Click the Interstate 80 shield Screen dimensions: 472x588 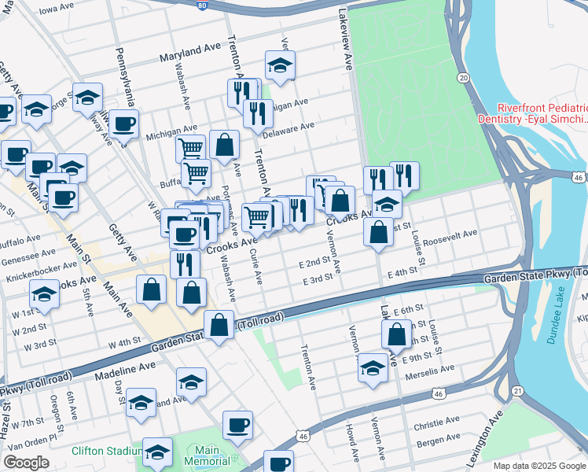click(x=202, y=6)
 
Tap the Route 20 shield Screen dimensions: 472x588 click(x=464, y=78)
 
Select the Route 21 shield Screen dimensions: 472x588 click(x=516, y=391)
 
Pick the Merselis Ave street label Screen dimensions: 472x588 click(x=429, y=368)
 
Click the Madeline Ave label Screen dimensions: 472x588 click(x=125, y=367)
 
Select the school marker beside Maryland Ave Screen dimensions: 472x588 click(x=279, y=66)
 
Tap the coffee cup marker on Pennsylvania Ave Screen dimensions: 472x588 click(x=123, y=124)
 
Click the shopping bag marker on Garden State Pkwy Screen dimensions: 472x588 click(x=219, y=323)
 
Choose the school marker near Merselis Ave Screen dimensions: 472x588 click(x=373, y=367)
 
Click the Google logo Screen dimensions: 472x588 click(x=26, y=463)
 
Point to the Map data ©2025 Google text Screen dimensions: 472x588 click(x=538, y=466)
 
